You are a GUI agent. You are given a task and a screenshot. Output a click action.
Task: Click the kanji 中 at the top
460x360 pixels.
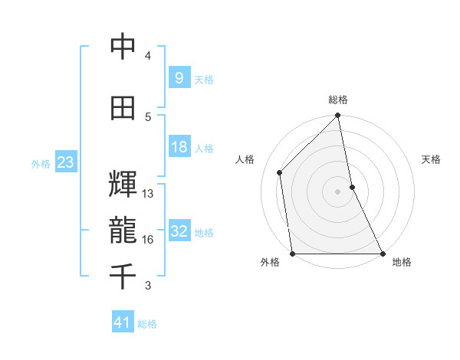click(123, 48)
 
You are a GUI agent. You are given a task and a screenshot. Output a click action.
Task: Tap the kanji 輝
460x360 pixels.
click(123, 185)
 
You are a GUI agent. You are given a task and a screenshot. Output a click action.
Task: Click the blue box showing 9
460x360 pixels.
click(179, 78)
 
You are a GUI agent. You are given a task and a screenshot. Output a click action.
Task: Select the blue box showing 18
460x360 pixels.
click(179, 147)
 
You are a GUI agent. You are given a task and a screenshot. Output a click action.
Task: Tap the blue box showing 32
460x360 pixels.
click(179, 232)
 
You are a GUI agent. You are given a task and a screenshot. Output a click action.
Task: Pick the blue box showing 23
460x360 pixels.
click(65, 162)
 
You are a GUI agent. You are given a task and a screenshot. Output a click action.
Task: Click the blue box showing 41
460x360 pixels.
click(123, 323)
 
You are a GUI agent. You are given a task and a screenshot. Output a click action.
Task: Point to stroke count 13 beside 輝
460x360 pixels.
click(148, 194)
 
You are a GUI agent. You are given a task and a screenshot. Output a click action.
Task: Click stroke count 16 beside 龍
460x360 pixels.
click(148, 240)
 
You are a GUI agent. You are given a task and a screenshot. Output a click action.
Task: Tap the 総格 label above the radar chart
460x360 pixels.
click(338, 100)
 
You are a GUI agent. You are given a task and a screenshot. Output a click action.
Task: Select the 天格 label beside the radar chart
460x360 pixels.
click(432, 159)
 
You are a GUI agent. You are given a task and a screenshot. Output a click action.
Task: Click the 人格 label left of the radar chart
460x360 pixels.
click(245, 159)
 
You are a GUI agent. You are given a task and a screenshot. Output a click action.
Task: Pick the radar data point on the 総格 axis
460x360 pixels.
click(338, 116)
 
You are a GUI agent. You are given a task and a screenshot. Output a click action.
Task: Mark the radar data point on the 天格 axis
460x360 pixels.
click(352, 187)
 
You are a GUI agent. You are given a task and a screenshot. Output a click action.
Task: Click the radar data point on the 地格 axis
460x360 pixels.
click(383, 254)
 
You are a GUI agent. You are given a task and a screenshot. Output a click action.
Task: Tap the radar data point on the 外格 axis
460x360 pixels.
click(293, 254)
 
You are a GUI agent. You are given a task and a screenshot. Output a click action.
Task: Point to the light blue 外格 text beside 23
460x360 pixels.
click(40, 163)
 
